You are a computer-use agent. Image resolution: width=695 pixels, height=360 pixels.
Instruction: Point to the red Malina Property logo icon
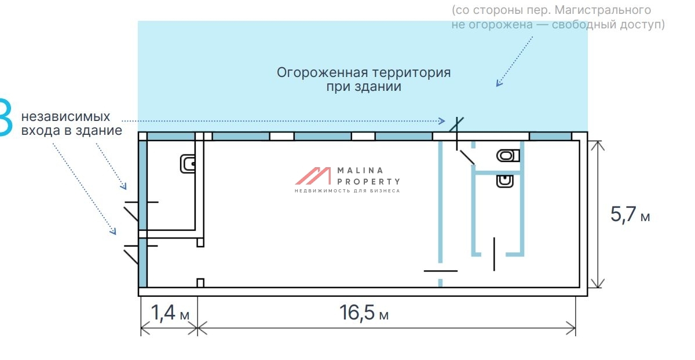pyautogui.click(x=313, y=176)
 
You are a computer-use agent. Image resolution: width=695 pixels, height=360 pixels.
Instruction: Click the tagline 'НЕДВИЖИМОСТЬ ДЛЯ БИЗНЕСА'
pyautogui.click(x=347, y=190)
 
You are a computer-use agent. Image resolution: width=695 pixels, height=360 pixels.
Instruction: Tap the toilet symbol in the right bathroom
pyautogui.click(x=508, y=155)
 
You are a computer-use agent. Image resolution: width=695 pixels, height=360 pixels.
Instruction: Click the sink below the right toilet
pyautogui.click(x=505, y=181)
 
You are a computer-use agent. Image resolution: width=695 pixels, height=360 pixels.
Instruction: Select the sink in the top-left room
pyautogui.click(x=189, y=164)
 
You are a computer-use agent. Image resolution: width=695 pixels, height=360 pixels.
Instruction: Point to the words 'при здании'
pyautogui.click(x=364, y=87)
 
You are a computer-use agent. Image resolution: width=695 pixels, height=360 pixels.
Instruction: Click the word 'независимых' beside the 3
pyautogui.click(x=65, y=116)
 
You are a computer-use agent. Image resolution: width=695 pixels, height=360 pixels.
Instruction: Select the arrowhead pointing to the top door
pyautogui.click(x=442, y=121)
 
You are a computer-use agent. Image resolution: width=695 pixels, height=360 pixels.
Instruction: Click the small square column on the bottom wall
pyautogui.click(x=200, y=282)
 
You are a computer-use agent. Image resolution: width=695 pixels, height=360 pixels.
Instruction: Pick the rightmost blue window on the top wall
pyautogui.click(x=550, y=136)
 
